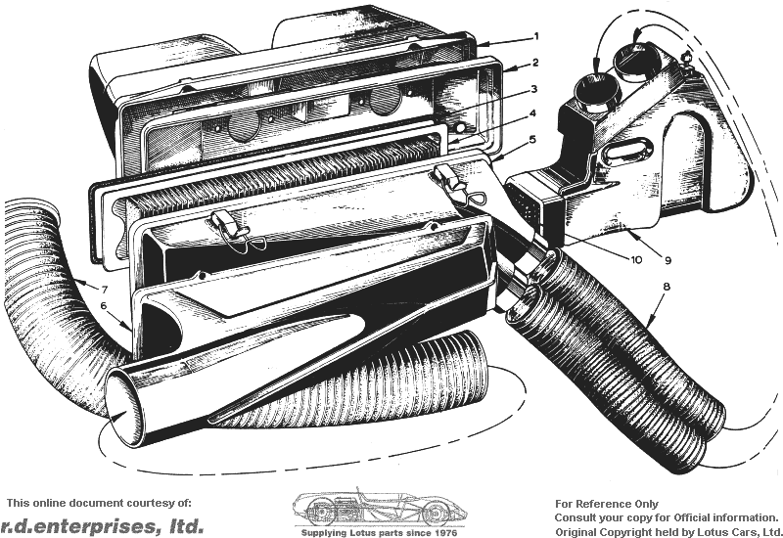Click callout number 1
[x=536, y=36]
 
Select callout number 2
[x=535, y=63]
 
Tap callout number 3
[x=533, y=89]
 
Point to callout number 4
[x=532, y=113]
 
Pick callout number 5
[x=532, y=139]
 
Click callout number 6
[x=104, y=305]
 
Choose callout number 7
[x=105, y=289]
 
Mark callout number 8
[x=666, y=287]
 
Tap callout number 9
[x=668, y=260]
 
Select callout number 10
[x=636, y=260]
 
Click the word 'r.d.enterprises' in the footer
[x=76, y=525]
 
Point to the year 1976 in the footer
[x=446, y=532]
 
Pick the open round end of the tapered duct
[x=125, y=407]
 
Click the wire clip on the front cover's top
[x=236, y=230]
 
